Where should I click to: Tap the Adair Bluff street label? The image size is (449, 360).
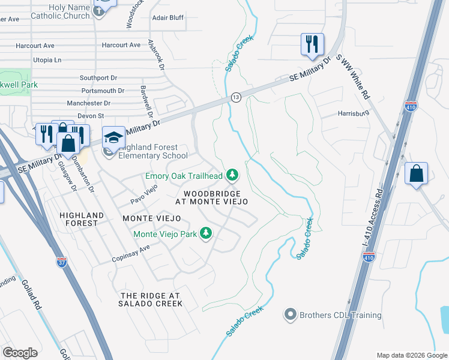[167, 18]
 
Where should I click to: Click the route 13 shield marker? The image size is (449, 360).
[236, 97]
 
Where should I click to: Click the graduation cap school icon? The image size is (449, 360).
[113, 137]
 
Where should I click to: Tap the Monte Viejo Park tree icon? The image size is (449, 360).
[206, 233]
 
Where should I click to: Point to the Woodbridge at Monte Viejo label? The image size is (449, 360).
[212, 198]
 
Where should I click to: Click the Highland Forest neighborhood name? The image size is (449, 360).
[82, 219]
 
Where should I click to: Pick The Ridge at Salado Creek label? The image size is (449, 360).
[151, 300]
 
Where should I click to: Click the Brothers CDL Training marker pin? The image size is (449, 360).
[291, 314]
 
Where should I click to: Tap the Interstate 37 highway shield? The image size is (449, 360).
[62, 262]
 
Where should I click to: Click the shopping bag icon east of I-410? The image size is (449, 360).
[416, 174]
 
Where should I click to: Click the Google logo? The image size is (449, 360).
[20, 353]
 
